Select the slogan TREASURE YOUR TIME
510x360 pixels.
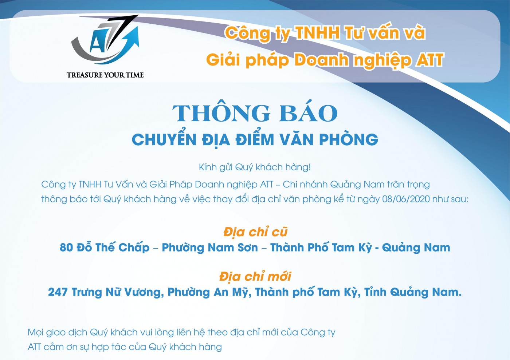coord(105,75)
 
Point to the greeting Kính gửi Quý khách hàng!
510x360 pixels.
coord(255,167)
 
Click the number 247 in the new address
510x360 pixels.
coord(58,292)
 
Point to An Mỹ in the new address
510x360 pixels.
coord(232,292)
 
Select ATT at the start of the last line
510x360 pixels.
coord(34,347)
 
